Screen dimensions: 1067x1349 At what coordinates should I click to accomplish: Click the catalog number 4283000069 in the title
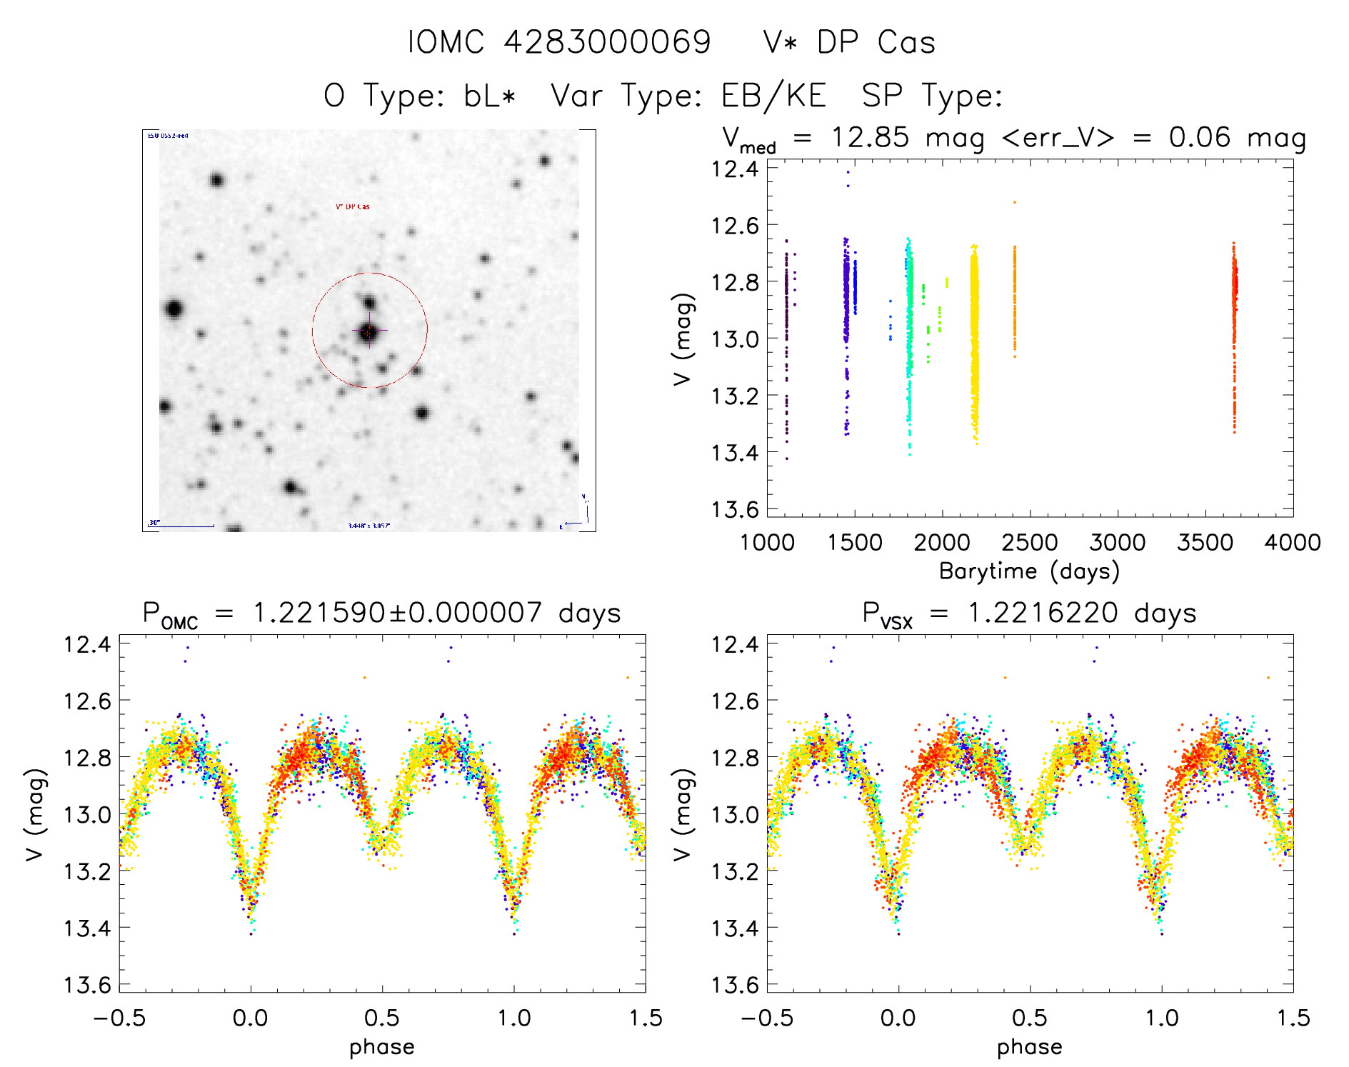[607, 42]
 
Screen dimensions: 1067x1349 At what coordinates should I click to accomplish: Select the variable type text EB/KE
[773, 96]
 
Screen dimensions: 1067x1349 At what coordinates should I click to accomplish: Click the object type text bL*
[489, 96]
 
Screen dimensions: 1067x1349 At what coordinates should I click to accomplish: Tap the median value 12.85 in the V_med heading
[870, 137]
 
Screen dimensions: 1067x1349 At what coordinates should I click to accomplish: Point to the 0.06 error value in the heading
[1199, 137]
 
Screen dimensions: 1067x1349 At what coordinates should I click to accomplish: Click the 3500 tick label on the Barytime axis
[1205, 542]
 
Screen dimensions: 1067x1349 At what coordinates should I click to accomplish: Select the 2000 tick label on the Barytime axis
[942, 542]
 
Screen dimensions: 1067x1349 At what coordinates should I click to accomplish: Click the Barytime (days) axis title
[1029, 571]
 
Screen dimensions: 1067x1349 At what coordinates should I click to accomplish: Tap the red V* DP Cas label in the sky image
[353, 206]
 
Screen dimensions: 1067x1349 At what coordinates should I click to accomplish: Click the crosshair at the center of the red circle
[368, 331]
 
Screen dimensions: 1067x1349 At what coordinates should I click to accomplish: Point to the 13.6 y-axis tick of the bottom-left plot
[88, 985]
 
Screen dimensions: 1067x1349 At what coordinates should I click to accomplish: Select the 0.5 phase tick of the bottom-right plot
[1030, 1018]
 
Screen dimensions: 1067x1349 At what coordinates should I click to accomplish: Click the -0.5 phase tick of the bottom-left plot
[119, 1018]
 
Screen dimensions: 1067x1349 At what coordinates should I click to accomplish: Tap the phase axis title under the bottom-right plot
[1029, 1046]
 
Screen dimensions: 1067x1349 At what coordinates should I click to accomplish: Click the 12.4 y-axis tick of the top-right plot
[736, 169]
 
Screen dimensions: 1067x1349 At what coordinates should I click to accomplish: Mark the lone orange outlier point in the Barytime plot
[1014, 202]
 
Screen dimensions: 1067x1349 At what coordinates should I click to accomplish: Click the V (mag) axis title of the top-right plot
[683, 339]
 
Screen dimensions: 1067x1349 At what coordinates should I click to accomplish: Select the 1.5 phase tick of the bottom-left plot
[646, 1018]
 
